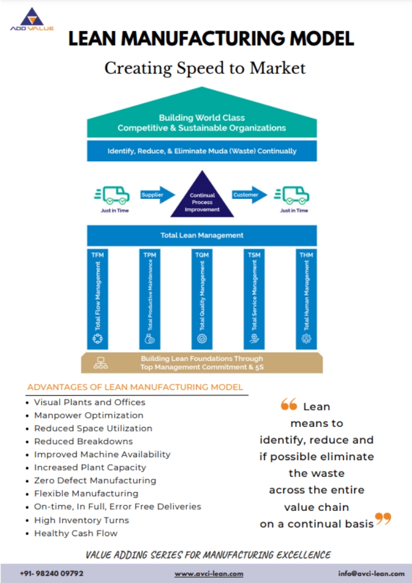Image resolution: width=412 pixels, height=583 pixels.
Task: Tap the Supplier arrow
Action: point(156,195)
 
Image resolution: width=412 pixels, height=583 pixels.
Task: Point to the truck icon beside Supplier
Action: point(112,195)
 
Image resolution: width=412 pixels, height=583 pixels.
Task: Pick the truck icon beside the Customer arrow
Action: point(292,195)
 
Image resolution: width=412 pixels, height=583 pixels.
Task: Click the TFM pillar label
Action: point(98,254)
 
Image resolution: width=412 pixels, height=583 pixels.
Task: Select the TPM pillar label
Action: point(150,254)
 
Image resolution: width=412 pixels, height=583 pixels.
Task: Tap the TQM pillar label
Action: point(201,254)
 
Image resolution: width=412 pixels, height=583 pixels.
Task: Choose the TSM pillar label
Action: point(254,254)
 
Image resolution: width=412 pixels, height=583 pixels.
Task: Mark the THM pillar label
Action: point(306,254)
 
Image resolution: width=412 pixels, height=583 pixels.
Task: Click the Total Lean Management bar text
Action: point(202,235)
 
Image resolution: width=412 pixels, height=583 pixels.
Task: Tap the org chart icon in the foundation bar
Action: point(101,362)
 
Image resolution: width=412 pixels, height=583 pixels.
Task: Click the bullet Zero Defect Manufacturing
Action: point(95,481)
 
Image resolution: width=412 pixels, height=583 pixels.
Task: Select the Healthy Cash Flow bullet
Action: point(76,533)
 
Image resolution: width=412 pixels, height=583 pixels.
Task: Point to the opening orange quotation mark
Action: point(289,405)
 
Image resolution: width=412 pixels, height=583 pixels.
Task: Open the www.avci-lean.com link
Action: point(209,573)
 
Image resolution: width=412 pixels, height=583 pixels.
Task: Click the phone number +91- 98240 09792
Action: point(51,573)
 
